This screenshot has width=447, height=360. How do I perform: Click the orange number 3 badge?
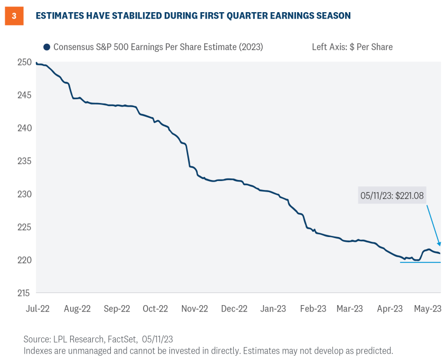14,16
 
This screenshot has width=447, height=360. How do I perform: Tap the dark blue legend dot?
47,47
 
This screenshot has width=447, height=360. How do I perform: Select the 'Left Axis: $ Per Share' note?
352,47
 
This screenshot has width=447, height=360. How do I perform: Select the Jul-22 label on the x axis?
37,309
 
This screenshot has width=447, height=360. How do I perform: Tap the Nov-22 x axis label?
195,309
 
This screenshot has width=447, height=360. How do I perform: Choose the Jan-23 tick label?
273,309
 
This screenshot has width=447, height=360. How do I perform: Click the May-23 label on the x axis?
428,309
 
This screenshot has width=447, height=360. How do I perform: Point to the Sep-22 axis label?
117,309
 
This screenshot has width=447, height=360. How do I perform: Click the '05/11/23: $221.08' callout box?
393,195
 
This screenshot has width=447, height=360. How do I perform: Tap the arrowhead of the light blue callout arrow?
439,244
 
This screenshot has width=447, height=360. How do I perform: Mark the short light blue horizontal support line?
420,262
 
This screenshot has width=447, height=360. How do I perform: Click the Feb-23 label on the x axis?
313,309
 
